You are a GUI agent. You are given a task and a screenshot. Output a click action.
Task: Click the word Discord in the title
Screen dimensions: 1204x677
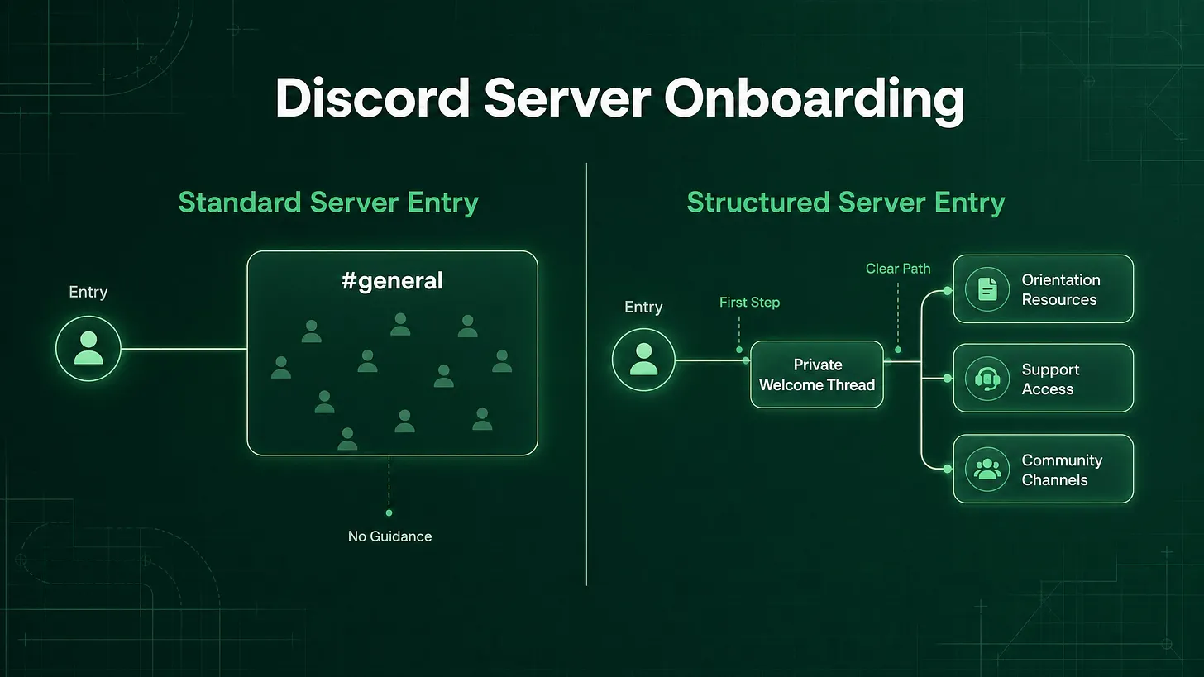pos(373,98)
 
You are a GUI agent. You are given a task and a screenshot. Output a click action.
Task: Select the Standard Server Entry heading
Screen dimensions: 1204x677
pos(327,203)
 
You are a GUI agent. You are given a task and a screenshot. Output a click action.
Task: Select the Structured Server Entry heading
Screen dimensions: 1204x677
pos(845,203)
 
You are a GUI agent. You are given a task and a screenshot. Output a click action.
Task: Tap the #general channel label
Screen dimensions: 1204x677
pos(392,280)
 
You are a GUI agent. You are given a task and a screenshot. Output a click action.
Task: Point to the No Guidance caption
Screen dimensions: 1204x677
pos(389,536)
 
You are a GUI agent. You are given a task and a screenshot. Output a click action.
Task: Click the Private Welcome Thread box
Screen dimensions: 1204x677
pos(816,374)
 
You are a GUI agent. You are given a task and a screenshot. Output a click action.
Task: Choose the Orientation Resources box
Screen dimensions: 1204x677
pos(1044,289)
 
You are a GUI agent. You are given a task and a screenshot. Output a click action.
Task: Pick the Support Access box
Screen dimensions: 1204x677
pos(1044,379)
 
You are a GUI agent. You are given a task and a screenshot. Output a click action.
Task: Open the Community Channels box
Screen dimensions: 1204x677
pos(1044,469)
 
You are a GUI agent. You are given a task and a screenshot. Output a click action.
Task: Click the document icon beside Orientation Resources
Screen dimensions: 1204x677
pos(987,289)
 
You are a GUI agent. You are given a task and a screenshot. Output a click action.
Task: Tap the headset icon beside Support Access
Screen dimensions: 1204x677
pos(987,379)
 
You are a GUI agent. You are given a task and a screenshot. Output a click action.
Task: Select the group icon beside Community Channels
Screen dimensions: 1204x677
pos(987,469)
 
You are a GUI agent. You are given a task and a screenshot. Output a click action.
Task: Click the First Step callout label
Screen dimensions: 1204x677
pos(749,303)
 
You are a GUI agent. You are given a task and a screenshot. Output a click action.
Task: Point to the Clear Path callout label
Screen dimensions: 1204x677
pos(898,269)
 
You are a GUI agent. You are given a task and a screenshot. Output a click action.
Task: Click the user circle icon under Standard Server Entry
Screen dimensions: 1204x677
pos(88,349)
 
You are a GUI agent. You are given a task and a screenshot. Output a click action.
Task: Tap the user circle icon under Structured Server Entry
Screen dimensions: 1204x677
pos(643,360)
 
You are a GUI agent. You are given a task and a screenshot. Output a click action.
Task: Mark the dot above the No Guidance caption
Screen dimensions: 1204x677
pos(389,513)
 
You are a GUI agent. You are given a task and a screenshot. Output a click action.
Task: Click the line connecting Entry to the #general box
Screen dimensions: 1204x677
pos(184,349)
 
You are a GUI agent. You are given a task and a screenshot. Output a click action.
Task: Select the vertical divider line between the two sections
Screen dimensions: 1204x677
pos(586,374)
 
